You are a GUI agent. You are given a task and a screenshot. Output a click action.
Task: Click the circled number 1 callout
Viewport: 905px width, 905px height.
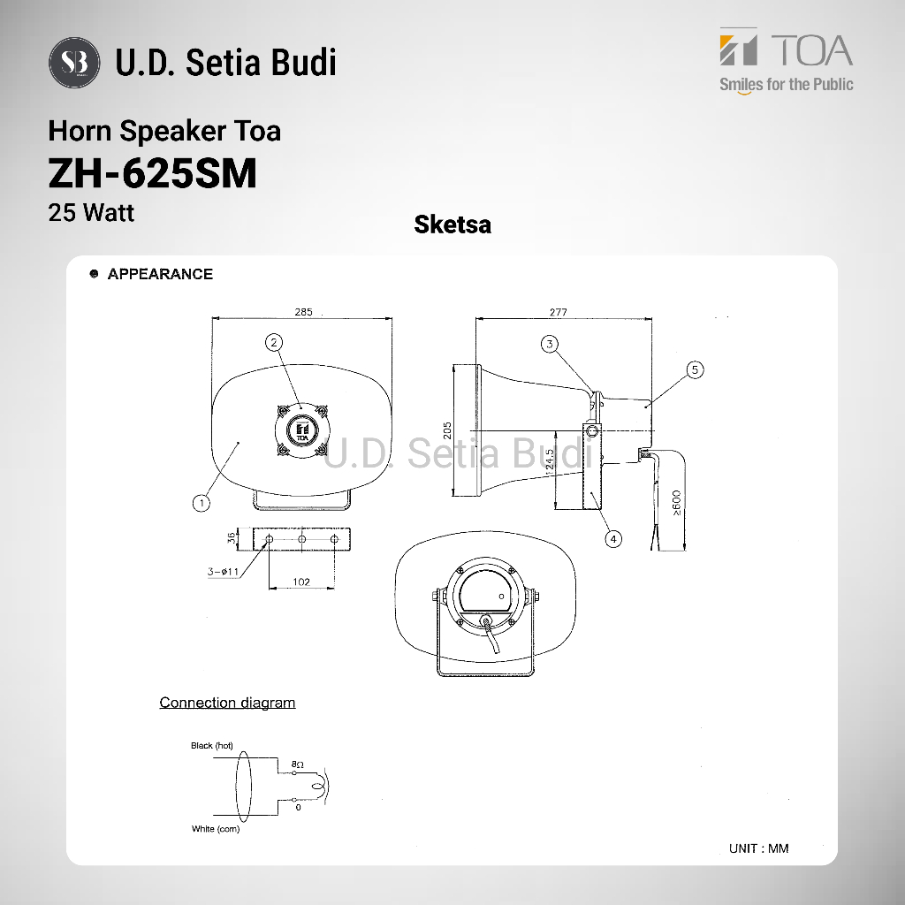(x=202, y=503)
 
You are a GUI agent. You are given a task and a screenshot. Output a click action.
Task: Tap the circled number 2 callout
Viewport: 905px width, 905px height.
(x=274, y=342)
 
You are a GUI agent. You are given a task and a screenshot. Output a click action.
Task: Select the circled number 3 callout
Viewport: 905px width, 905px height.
(x=550, y=344)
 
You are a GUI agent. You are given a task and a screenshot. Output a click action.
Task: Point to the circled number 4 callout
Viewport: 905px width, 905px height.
(x=613, y=539)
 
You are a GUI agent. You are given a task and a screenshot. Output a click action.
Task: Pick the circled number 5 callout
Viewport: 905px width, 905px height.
(x=695, y=369)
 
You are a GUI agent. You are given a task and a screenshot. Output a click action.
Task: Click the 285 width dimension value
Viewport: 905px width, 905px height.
(x=304, y=312)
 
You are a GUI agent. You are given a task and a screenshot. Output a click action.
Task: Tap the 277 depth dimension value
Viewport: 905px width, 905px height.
(x=559, y=312)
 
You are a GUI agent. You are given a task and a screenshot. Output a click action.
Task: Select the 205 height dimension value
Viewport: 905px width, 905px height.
(x=447, y=430)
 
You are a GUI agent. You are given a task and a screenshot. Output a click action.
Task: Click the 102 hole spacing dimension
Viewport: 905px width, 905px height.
(x=301, y=582)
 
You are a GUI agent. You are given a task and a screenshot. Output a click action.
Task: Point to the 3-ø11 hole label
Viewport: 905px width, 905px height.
(x=224, y=572)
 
